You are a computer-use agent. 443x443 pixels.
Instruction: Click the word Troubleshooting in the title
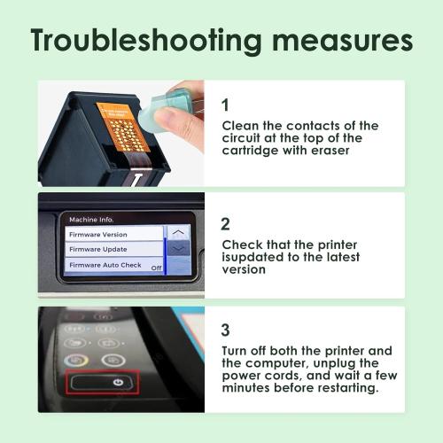click(146, 41)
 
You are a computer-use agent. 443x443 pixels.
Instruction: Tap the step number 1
click(225, 105)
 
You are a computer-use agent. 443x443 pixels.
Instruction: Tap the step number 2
click(225, 224)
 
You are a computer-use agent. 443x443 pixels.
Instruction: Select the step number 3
click(225, 330)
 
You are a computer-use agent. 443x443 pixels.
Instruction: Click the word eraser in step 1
click(330, 151)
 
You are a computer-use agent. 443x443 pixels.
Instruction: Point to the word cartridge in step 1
click(251, 151)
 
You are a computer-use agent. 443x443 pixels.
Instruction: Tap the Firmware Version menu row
click(113, 234)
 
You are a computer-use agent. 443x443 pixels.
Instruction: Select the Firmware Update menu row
click(113, 249)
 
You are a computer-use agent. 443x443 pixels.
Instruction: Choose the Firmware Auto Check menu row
click(113, 265)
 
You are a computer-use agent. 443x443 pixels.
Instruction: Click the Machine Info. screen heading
click(91, 220)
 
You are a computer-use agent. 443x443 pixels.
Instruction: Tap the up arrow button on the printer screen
click(178, 233)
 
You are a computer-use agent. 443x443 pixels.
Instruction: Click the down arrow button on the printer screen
click(178, 249)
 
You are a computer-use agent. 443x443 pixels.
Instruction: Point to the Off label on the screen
click(156, 268)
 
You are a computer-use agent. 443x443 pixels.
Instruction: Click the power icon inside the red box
click(118, 383)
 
